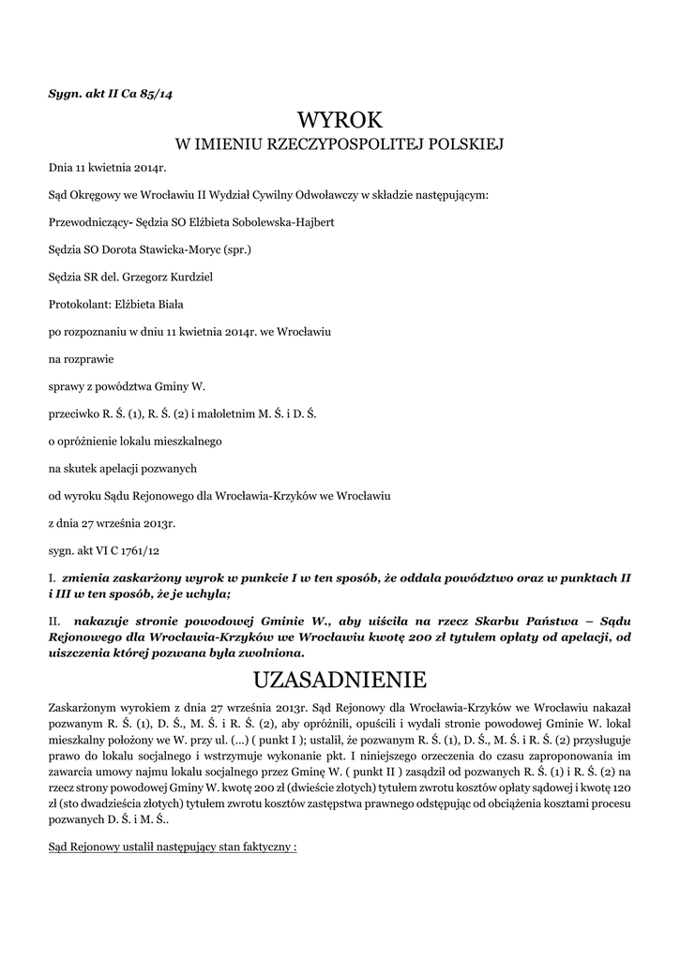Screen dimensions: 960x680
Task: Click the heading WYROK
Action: click(x=340, y=119)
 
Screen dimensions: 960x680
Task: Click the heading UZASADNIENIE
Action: click(x=340, y=678)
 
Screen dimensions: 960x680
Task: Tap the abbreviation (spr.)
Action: click(x=236, y=250)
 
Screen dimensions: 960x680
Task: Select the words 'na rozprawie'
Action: click(x=80, y=359)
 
